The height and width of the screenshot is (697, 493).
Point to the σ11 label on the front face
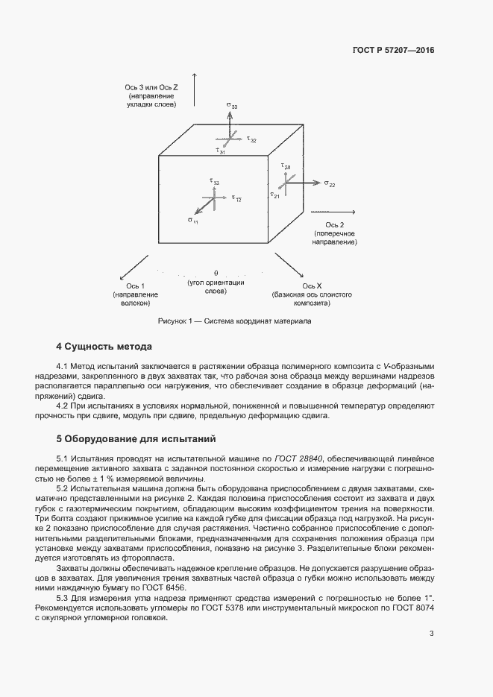[x=192, y=221]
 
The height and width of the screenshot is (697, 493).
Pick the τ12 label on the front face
[x=236, y=198]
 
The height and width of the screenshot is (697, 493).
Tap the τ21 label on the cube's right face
[x=275, y=195]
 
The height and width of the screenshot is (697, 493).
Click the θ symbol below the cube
[x=216, y=273]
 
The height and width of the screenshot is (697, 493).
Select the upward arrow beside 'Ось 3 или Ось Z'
[x=194, y=89]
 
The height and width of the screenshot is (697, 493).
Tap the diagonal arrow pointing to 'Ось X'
[x=289, y=266]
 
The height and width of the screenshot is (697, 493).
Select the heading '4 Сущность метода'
[x=104, y=347]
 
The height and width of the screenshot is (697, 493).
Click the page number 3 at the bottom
[x=431, y=634]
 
